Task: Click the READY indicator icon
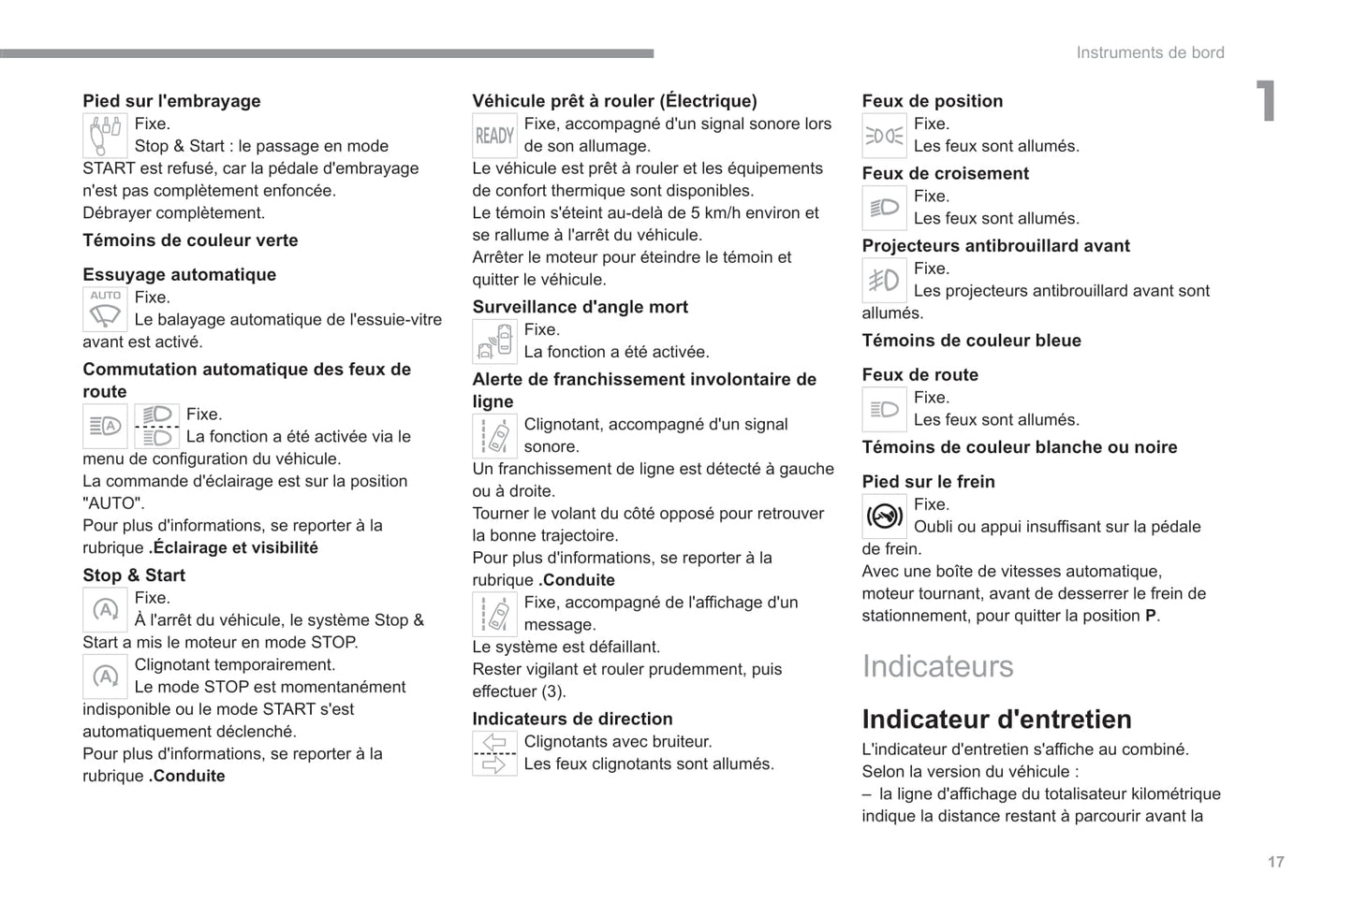(x=494, y=136)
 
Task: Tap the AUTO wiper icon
(x=105, y=309)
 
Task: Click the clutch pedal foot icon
(x=105, y=136)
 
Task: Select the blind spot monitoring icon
(x=494, y=342)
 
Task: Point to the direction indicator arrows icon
(x=494, y=753)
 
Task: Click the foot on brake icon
(x=884, y=516)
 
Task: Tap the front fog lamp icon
(x=884, y=280)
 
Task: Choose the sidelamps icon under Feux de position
(x=884, y=136)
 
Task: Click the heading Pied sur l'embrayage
(x=171, y=101)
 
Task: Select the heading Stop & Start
(x=134, y=575)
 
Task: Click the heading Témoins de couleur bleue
(x=971, y=341)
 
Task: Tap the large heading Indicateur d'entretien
(x=996, y=719)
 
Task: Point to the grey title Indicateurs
(x=937, y=666)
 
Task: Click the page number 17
(x=1275, y=862)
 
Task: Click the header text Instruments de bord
(x=1150, y=53)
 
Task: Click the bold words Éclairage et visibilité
(x=235, y=548)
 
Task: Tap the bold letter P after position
(x=1150, y=616)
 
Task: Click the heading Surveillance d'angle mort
(x=580, y=307)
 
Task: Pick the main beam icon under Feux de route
(x=884, y=409)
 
